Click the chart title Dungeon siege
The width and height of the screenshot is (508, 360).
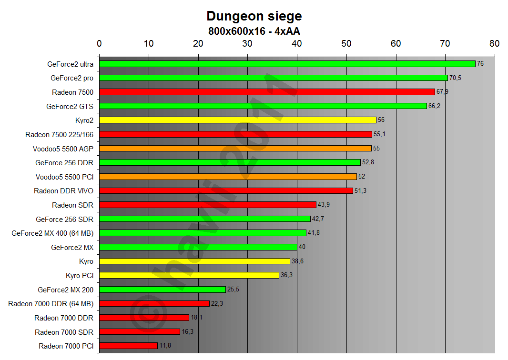254,16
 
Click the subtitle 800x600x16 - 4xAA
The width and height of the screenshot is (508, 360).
254,31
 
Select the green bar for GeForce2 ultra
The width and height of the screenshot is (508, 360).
287,64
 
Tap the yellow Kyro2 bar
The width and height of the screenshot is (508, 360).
237,120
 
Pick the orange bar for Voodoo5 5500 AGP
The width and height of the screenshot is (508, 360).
235,149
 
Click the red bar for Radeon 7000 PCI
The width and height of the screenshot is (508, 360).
128,346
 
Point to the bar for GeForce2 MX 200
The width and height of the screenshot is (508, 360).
162,290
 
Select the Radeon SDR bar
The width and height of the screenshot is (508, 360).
207,205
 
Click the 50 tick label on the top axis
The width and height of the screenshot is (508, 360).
346,44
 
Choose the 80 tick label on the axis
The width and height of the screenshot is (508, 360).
494,44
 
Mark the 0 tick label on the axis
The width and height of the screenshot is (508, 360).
99,44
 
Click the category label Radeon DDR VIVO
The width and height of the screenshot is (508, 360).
63,191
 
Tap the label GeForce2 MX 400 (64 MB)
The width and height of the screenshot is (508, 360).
52,233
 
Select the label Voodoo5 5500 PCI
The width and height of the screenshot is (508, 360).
64,177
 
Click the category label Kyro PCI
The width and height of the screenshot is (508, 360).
80,276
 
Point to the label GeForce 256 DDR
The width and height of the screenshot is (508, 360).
64,163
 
